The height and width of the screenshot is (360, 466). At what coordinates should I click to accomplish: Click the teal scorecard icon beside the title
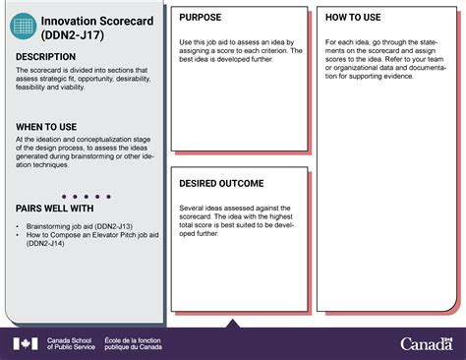(x=23, y=27)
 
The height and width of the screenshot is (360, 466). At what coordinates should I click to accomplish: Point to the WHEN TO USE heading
(x=48, y=126)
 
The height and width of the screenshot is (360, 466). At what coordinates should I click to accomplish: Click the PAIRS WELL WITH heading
(x=55, y=209)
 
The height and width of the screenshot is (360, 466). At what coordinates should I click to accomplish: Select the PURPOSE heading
(x=200, y=18)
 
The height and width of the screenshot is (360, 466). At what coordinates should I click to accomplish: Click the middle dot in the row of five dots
(x=81, y=195)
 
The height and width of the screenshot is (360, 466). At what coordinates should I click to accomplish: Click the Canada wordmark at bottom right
(x=427, y=343)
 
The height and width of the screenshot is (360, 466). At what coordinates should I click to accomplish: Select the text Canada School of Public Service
(x=71, y=343)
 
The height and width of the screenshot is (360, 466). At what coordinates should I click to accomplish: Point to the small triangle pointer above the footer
(x=233, y=324)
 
